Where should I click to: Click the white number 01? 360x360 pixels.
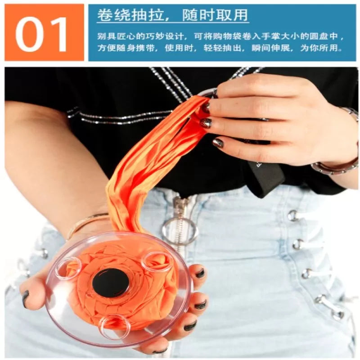point(42,34)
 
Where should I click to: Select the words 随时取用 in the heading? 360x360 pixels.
point(215,16)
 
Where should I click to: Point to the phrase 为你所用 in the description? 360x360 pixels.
point(321,48)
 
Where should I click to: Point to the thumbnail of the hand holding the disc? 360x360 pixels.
point(26,296)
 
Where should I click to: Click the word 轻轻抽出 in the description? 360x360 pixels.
point(223,48)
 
